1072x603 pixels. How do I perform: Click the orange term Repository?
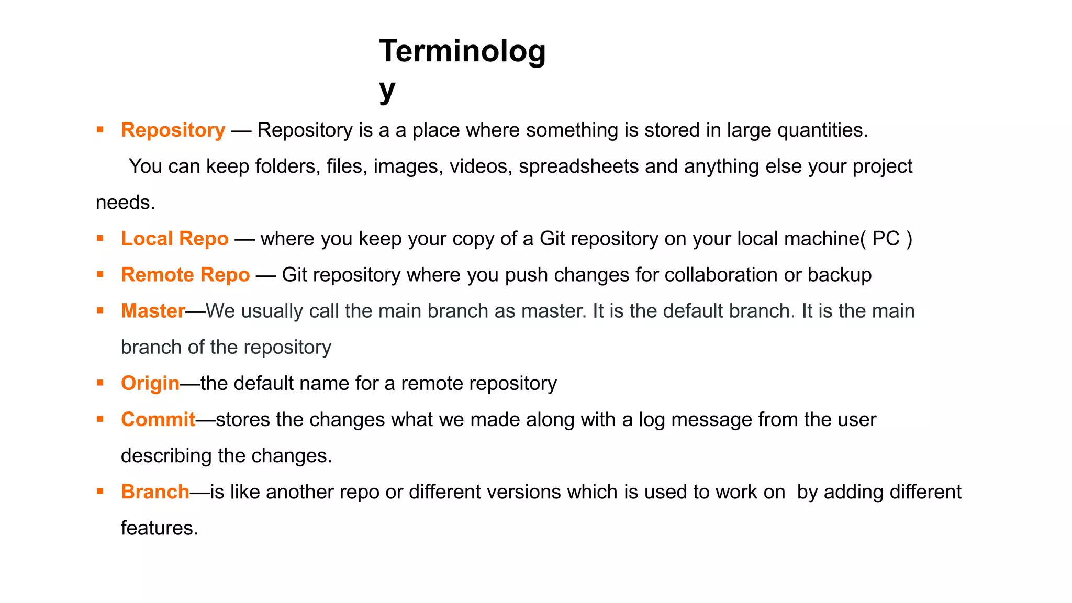(x=173, y=130)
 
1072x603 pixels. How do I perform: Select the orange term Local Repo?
(x=175, y=239)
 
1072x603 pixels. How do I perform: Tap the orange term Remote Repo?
(x=185, y=275)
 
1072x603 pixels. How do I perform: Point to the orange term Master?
(x=153, y=311)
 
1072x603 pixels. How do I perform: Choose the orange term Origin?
(x=150, y=384)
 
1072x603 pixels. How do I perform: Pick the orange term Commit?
(x=158, y=420)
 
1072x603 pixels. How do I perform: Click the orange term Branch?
(x=155, y=492)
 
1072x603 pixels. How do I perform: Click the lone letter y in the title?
(x=387, y=90)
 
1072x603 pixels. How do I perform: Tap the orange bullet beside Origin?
(x=100, y=383)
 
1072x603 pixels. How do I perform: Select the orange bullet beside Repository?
(x=100, y=129)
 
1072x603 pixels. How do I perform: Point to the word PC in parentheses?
(x=886, y=239)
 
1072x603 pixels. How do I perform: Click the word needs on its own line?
(x=125, y=203)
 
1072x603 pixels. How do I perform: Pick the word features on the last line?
(x=159, y=528)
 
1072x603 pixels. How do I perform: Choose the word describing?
(x=166, y=456)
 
